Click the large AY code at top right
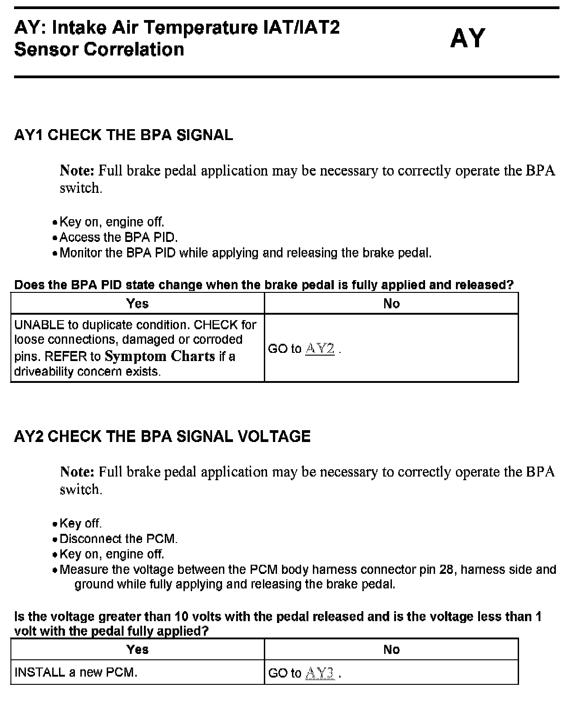467,38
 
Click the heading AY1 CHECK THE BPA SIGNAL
124,135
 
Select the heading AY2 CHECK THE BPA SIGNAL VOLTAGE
162,437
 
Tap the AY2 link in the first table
320,349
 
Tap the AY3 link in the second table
321,673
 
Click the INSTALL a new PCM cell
76,672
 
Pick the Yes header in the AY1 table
137,303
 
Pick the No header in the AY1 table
391,303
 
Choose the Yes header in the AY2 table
137,649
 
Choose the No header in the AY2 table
391,649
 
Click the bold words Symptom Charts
159,356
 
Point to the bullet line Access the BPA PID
119,237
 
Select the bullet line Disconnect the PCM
119,539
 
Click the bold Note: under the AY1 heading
77,171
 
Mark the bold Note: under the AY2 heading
77,472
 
